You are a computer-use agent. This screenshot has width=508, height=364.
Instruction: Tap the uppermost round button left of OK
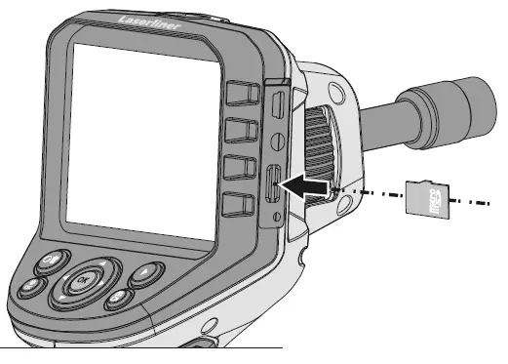(50, 261)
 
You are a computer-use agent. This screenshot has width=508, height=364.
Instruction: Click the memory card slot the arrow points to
(274, 182)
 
